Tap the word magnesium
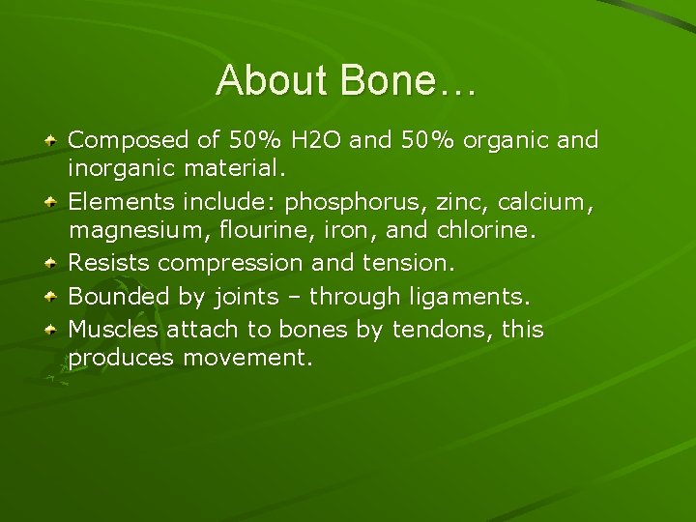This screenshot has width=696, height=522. [x=128, y=230]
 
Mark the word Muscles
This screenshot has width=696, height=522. [x=113, y=330]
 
